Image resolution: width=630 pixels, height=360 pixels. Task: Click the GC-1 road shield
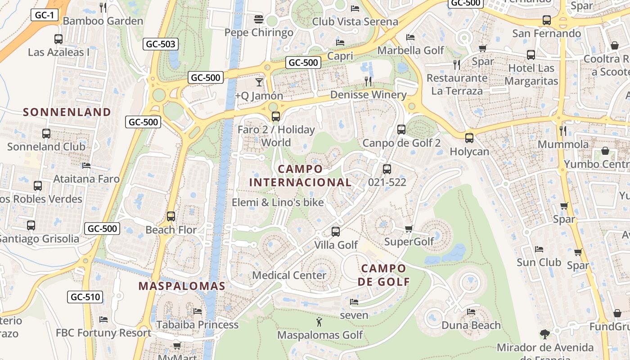[45, 15]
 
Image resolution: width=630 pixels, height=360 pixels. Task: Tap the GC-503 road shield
[161, 44]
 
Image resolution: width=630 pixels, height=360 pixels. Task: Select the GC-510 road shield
[85, 297]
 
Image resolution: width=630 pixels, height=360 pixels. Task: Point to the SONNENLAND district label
[67, 112]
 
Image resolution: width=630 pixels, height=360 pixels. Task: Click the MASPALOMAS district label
[182, 286]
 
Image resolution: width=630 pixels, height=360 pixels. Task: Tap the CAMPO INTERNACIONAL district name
[300, 175]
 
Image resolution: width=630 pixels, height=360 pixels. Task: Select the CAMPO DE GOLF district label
[383, 275]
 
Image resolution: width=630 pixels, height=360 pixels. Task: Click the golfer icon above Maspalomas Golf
[319, 322]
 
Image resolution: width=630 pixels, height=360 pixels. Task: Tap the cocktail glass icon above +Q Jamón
[259, 82]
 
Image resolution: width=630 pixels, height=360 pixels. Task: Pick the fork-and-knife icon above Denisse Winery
[368, 81]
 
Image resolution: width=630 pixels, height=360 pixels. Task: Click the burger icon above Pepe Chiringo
[259, 19]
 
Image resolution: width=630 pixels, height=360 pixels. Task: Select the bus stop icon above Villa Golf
[336, 232]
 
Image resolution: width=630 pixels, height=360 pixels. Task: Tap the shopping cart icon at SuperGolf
[409, 229]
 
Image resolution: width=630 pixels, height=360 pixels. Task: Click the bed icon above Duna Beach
[471, 311]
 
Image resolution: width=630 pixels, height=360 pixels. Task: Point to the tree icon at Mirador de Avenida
[545, 334]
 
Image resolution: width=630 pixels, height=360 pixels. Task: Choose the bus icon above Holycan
[469, 138]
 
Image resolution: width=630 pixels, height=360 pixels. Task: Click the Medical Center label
[289, 275]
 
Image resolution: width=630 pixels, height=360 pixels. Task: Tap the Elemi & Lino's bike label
[278, 202]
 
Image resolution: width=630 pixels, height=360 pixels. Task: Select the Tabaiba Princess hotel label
[198, 324]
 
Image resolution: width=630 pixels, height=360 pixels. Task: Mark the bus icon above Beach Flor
[171, 216]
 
